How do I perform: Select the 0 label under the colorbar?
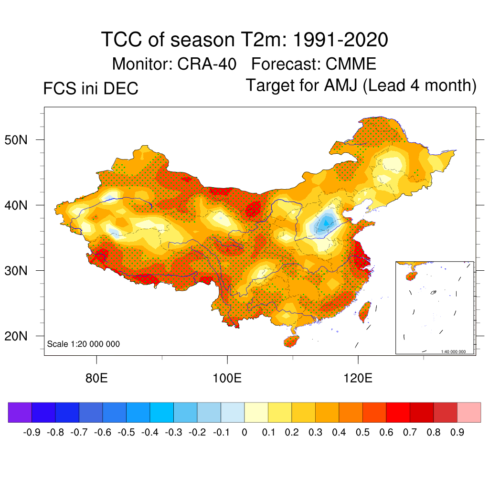[x=244, y=433]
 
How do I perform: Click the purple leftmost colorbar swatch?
[x=20, y=412]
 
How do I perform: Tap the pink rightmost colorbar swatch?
[x=469, y=412]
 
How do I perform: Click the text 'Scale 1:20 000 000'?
[x=84, y=344]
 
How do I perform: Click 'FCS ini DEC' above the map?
[x=91, y=89]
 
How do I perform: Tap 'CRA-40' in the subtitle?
[x=208, y=64]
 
